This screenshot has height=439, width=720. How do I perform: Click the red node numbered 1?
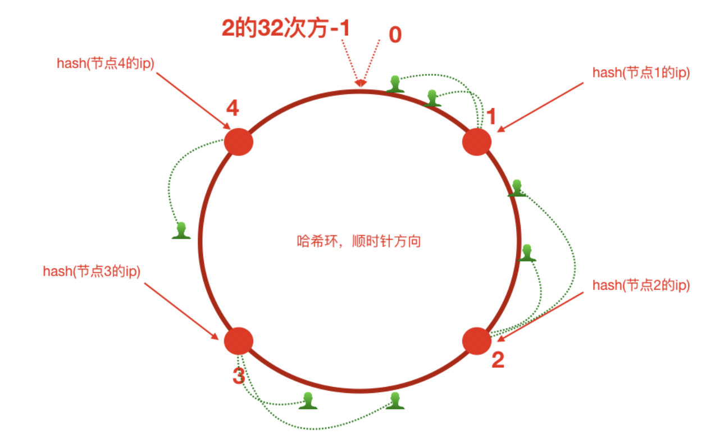(477, 141)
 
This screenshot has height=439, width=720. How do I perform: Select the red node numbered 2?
(477, 341)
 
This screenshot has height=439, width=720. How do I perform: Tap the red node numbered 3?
(239, 341)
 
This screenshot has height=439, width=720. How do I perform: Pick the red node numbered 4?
(239, 141)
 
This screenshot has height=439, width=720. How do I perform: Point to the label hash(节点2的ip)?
(641, 285)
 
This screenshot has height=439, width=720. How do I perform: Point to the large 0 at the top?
(395, 35)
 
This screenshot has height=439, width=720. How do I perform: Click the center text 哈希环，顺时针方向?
(359, 243)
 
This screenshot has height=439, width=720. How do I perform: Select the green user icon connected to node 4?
(181, 230)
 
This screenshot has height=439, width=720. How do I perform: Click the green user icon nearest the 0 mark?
(396, 84)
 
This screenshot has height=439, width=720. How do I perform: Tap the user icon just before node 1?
(432, 98)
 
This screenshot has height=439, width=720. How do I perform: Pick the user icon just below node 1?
(517, 188)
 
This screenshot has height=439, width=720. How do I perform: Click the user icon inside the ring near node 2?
(527, 253)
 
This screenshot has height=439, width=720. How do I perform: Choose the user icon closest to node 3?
(308, 400)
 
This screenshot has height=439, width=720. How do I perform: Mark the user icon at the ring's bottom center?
(395, 400)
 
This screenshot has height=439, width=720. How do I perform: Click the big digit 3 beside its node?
(239, 376)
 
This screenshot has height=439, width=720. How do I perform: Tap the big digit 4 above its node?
(233, 108)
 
